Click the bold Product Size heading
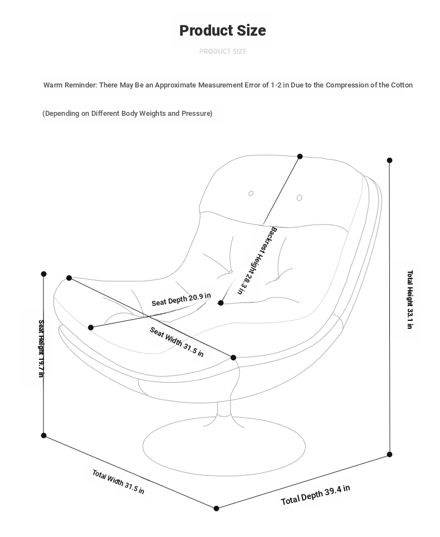(x=222, y=31)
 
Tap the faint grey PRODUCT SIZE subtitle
(x=222, y=51)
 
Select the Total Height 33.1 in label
(x=410, y=299)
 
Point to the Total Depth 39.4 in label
(x=315, y=495)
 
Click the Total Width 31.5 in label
(x=118, y=482)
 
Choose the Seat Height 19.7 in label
(x=41, y=348)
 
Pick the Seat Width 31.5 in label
(x=177, y=341)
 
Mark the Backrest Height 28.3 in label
(x=256, y=260)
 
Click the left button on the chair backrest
(x=251, y=193)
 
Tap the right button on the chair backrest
(x=299, y=198)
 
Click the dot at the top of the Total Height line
(x=389, y=160)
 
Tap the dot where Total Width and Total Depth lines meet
(x=216, y=508)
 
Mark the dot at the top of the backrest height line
(x=300, y=157)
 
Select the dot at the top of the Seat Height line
(x=44, y=274)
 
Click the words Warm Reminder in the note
(x=70, y=85)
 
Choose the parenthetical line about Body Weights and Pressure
(x=128, y=114)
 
